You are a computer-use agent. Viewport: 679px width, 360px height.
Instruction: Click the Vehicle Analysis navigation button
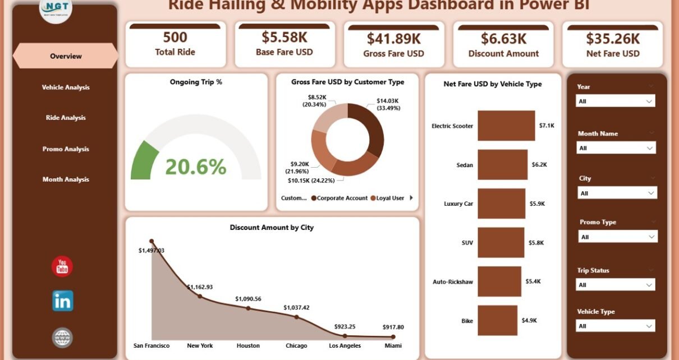66,87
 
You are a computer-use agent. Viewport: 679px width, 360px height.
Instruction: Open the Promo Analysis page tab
66,149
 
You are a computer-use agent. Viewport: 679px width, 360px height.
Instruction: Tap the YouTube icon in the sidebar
62,266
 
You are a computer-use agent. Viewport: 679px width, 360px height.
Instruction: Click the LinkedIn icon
62,302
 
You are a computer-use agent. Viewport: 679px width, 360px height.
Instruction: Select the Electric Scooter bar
506,126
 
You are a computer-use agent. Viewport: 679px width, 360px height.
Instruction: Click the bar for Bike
497,320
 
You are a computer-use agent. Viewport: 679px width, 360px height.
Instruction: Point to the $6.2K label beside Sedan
539,165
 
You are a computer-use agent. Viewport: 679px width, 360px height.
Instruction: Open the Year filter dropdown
616,101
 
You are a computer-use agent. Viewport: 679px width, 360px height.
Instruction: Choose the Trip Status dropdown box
616,285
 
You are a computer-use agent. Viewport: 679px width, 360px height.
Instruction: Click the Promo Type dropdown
617,237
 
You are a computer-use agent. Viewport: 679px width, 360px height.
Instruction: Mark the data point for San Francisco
151,241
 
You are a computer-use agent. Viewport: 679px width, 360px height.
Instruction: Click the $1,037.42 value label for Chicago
296,307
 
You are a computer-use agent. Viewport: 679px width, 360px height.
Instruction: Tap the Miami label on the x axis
393,345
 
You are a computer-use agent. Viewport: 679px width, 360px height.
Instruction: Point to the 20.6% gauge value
196,167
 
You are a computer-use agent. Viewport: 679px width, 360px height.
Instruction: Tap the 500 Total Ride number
175,38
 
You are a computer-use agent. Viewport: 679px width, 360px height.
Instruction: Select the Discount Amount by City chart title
272,228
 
